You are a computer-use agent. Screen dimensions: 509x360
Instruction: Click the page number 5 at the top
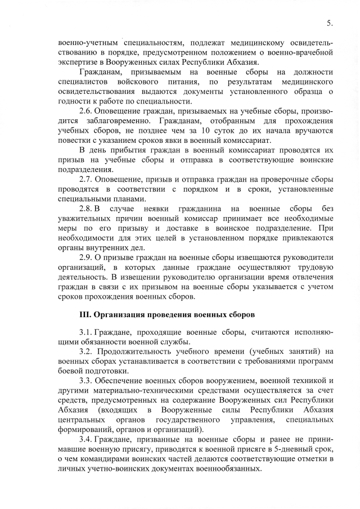tap(328, 23)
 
